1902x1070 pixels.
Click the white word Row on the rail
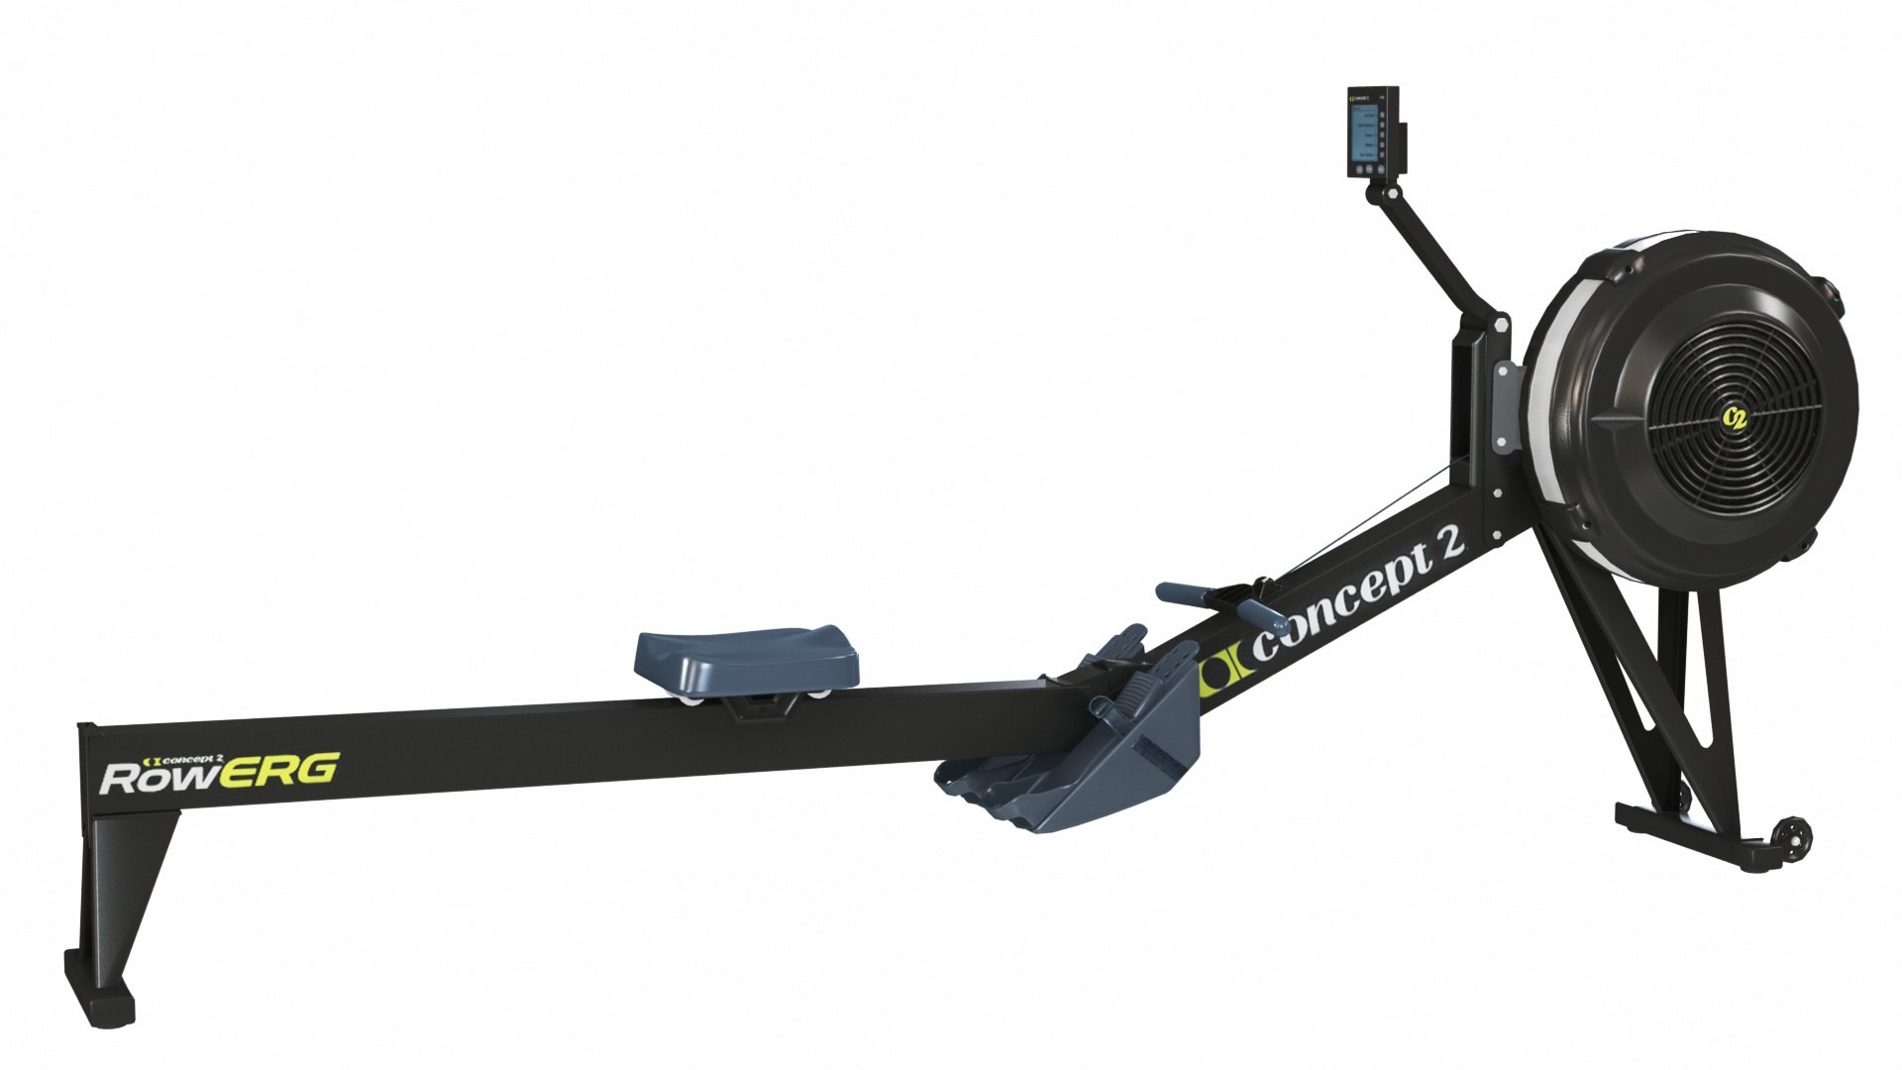(158, 778)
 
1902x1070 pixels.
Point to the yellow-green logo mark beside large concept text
(1224, 672)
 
